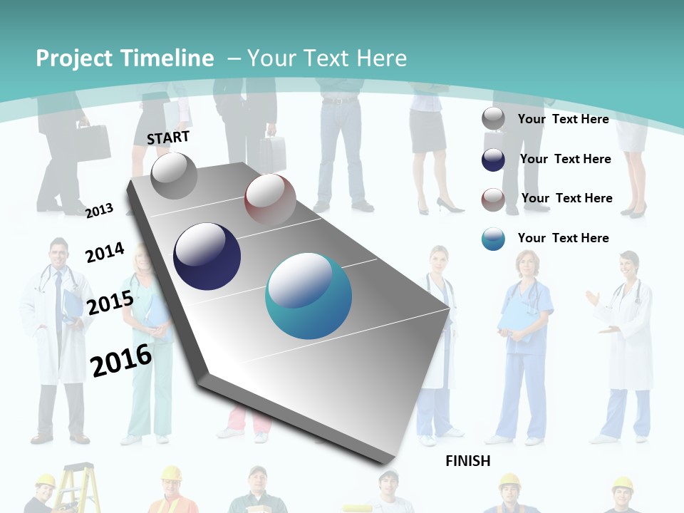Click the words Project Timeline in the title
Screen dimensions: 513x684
[125, 58]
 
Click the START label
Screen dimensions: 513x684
[168, 138]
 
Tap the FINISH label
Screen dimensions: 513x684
[468, 461]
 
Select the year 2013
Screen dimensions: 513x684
[100, 210]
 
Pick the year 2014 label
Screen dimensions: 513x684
[105, 252]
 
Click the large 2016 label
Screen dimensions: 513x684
[121, 360]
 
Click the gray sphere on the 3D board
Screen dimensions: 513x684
[174, 175]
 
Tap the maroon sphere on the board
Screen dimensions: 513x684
[270, 200]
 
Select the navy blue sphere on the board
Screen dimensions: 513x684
[207, 256]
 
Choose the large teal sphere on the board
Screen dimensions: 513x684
[309, 296]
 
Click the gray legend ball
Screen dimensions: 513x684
[493, 119]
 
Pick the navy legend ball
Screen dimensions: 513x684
[493, 160]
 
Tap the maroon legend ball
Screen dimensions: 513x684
[493, 199]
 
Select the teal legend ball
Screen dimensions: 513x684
[493, 239]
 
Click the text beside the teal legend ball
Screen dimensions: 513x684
[563, 238]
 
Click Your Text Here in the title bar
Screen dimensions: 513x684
[327, 58]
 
